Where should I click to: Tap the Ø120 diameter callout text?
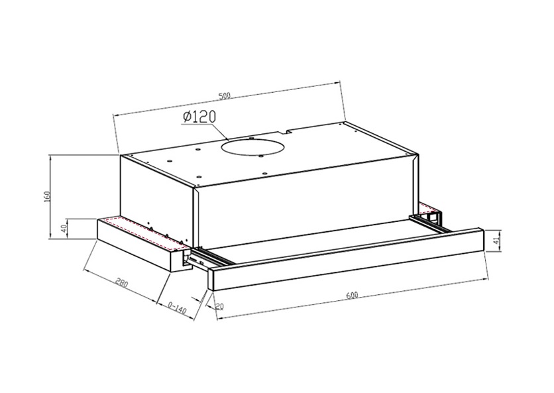tap(198, 117)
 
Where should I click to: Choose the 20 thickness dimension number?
tap(219, 306)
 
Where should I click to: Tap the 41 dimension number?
tap(496, 239)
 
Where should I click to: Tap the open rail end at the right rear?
tap(434, 216)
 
